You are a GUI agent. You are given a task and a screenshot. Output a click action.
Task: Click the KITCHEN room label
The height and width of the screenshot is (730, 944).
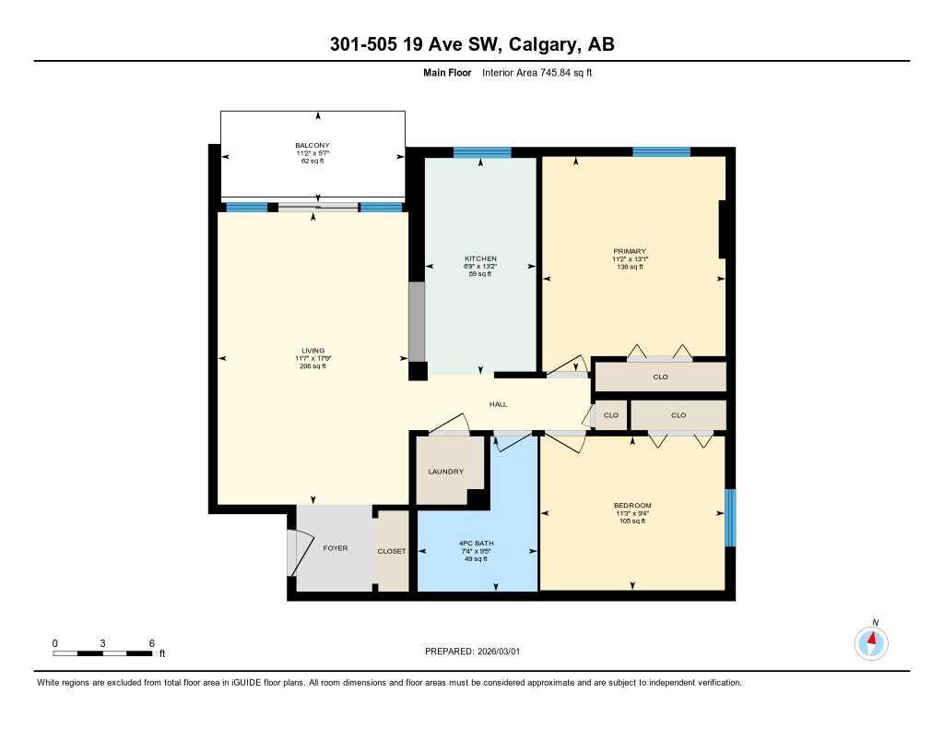tap(480, 258)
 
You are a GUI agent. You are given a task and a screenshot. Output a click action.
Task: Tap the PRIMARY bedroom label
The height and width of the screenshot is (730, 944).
tap(631, 251)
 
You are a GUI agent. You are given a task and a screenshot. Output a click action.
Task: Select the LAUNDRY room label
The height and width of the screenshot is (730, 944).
tap(445, 472)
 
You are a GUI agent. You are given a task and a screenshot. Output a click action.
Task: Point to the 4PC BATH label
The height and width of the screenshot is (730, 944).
tap(478, 544)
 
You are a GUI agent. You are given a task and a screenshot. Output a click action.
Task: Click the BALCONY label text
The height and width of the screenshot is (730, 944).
tap(312, 146)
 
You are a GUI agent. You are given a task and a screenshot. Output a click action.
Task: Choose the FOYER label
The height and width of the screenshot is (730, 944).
tap(335, 548)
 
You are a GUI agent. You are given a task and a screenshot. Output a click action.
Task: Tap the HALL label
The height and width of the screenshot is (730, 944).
tap(498, 404)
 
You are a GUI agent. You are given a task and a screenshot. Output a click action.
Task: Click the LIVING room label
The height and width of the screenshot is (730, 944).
tap(313, 351)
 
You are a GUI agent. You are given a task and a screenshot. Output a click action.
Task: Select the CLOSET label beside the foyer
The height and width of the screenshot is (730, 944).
tap(392, 551)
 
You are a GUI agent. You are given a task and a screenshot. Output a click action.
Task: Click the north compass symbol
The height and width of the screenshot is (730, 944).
tap(871, 641)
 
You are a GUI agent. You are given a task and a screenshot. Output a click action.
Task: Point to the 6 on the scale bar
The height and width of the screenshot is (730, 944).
tap(151, 643)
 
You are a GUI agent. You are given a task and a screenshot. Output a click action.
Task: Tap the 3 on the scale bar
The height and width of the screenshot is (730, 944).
tap(103, 643)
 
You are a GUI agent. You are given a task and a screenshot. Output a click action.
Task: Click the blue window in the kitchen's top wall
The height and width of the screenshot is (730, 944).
tap(481, 152)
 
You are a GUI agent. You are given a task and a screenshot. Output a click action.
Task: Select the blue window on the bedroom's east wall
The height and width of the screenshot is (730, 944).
tap(730, 518)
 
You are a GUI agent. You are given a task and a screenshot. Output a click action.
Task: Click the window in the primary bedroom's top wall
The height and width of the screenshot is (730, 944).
tap(661, 152)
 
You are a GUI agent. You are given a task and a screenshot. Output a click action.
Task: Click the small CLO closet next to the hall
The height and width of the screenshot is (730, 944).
tap(610, 415)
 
